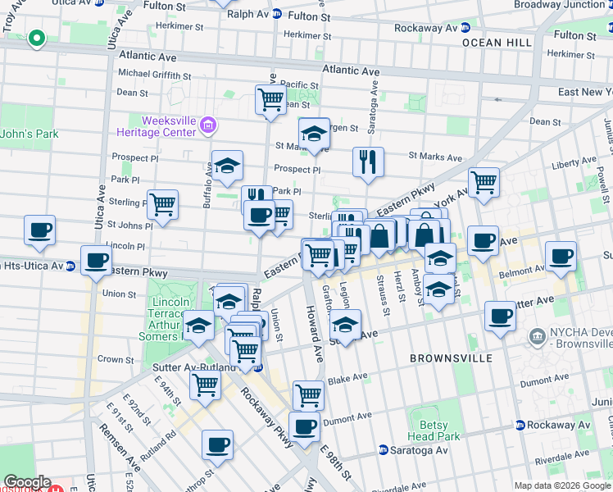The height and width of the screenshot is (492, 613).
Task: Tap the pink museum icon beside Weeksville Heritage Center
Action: pyautogui.click(x=208, y=125)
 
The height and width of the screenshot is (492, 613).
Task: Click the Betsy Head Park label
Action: pyautogui.click(x=429, y=431)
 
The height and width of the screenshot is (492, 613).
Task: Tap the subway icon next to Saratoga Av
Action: pyautogui.click(x=383, y=450)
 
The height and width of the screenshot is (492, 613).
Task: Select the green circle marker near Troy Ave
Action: pyautogui.click(x=35, y=38)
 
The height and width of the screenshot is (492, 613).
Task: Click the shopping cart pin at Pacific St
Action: pyautogui.click(x=270, y=100)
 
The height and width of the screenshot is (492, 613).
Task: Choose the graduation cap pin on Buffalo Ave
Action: pyautogui.click(x=227, y=166)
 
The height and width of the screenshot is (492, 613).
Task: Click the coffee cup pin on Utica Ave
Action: pyautogui.click(x=96, y=260)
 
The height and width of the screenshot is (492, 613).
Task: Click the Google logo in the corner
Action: pyautogui.click(x=27, y=482)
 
